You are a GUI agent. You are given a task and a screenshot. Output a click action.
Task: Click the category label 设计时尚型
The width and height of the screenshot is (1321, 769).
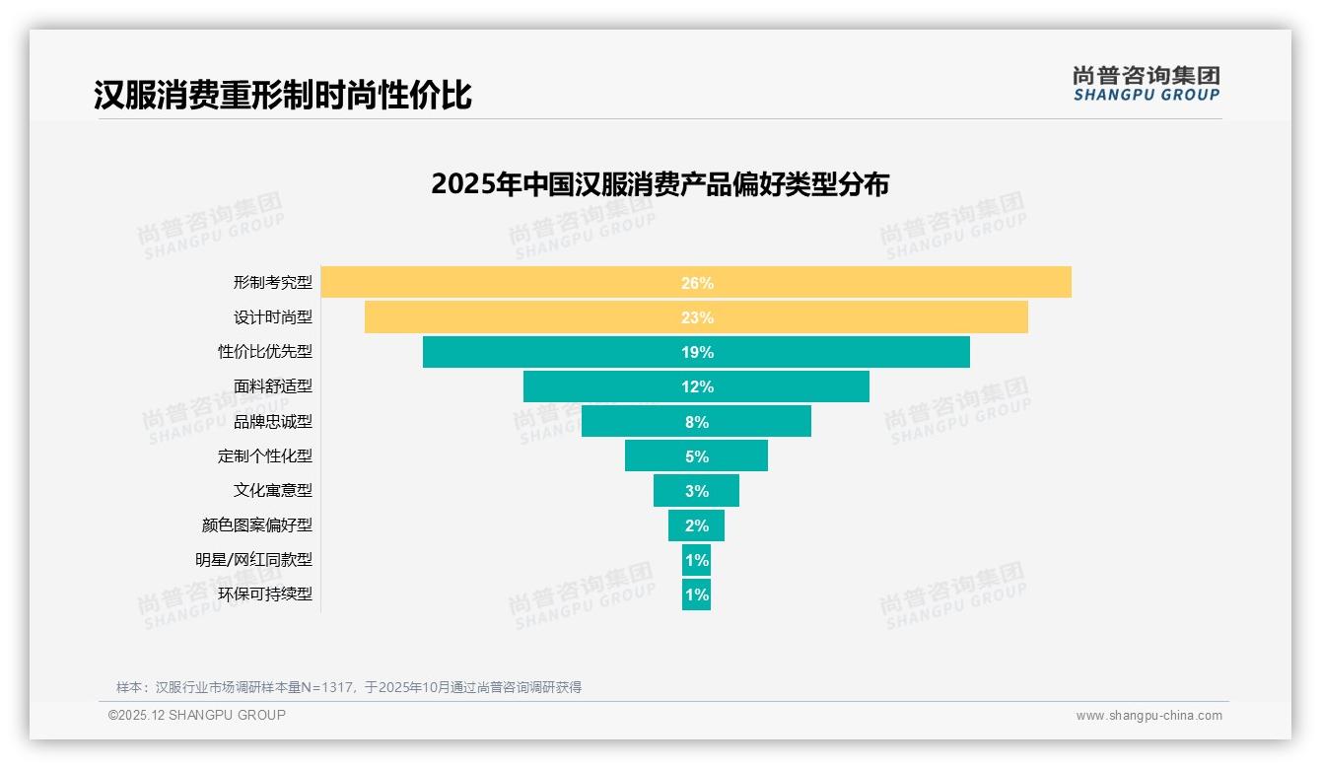273,317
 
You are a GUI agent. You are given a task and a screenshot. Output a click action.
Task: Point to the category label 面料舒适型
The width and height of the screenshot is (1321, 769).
273,386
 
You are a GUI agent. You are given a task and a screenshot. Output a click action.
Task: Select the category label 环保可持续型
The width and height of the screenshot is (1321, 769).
265,594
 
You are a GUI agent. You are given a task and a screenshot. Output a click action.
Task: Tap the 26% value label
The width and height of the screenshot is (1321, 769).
697,283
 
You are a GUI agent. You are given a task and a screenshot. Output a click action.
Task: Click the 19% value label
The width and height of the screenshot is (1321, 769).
697,352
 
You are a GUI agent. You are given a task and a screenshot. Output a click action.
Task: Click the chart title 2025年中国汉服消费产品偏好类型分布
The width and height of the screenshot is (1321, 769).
660,184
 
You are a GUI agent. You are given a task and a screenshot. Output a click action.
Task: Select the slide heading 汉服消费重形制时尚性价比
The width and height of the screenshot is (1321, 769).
283,96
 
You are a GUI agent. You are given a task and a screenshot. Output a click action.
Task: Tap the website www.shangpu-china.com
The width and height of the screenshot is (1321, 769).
1148,716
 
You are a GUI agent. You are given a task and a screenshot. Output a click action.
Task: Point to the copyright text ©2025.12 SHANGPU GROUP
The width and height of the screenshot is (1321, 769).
197,715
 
